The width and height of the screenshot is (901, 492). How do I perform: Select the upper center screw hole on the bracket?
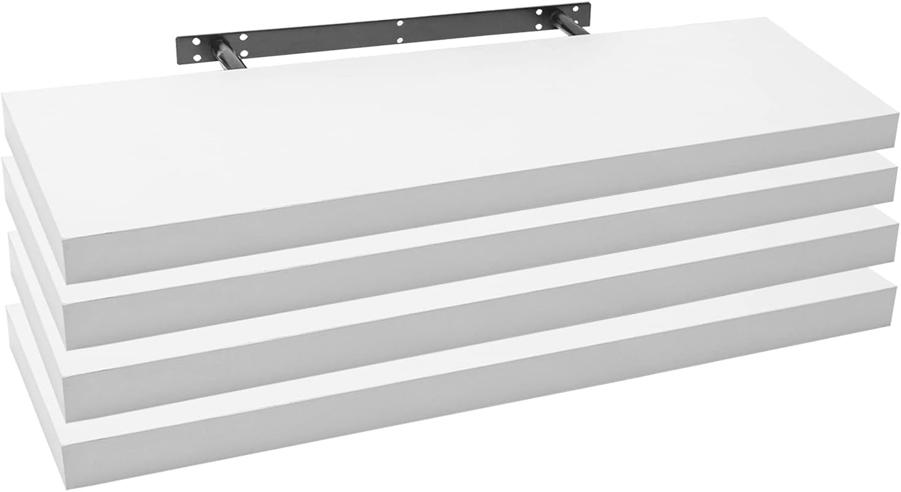click(400, 23)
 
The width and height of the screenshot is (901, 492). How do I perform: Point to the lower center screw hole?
click(400, 40)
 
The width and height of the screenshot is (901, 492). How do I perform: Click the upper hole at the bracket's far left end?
click(197, 42)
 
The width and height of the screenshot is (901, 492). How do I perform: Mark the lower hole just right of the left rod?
click(244, 53)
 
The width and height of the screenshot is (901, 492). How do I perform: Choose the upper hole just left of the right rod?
click(539, 12)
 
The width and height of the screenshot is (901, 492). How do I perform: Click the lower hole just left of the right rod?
click(539, 28)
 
